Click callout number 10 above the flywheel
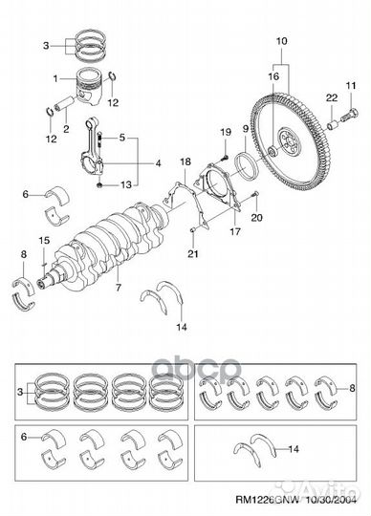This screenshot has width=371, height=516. click(x=281, y=41)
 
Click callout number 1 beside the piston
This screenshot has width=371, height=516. click(x=56, y=78)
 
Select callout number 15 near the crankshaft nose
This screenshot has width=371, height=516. click(x=42, y=239)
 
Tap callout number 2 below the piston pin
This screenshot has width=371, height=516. click(x=66, y=128)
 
